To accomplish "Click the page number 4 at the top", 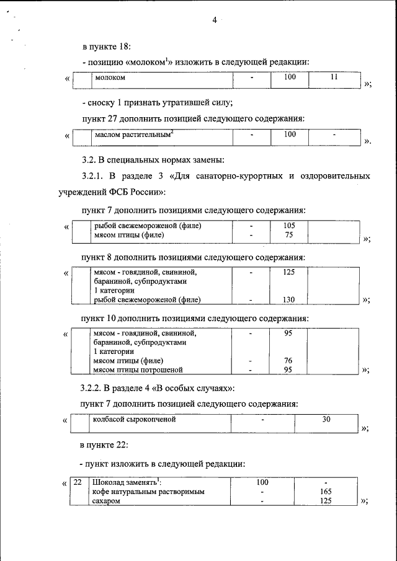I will [x=214, y=20].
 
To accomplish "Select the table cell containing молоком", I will [x=110, y=78].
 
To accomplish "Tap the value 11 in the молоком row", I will [x=334, y=77].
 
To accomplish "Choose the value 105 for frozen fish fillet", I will [x=289, y=226].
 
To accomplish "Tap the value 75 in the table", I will [x=289, y=235].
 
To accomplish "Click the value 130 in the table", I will [x=289, y=299].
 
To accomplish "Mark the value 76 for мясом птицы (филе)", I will [x=288, y=360].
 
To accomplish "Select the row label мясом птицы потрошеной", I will [x=138, y=369].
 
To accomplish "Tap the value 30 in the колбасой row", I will [x=326, y=420].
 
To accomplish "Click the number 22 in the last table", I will [x=78, y=482].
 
